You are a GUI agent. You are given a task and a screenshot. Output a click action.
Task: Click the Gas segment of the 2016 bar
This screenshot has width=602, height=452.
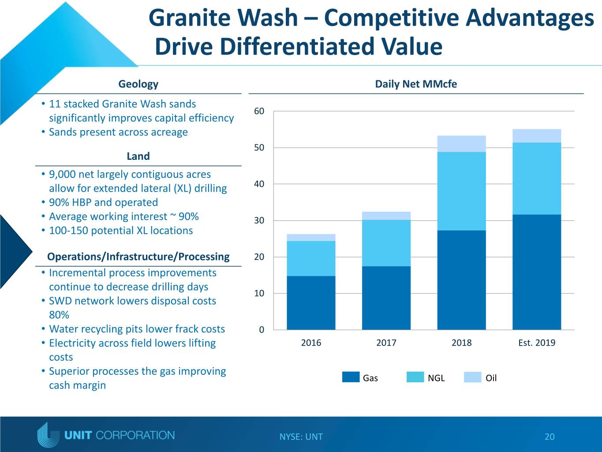(311, 303)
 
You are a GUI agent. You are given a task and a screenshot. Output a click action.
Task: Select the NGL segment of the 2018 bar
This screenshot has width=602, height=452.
(462, 191)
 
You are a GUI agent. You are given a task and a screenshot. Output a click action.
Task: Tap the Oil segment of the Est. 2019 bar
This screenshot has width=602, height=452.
(537, 136)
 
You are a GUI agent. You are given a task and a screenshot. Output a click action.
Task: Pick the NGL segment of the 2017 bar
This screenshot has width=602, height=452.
(386, 243)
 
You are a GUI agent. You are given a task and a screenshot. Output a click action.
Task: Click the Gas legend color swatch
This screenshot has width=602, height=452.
(351, 377)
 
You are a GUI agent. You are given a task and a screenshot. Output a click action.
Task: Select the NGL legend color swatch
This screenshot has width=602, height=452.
(415, 377)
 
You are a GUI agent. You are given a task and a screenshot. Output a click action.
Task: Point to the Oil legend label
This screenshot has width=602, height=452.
(491, 378)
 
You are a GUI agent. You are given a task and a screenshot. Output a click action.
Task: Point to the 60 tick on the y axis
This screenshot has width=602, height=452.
(259, 111)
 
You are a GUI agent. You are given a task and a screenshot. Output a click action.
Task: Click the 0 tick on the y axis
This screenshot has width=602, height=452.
(262, 330)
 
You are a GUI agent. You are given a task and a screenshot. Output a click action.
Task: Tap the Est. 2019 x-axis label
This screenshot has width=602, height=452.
(537, 343)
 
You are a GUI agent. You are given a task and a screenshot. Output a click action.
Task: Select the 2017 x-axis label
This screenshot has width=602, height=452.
(386, 343)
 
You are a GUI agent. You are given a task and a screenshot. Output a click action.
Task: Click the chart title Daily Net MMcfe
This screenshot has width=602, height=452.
(416, 84)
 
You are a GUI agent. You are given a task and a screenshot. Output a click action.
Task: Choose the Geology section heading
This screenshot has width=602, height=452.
(138, 84)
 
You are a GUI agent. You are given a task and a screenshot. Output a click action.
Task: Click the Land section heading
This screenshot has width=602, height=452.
(138, 156)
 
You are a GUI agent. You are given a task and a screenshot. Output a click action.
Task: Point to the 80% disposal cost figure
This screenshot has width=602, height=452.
(59, 315)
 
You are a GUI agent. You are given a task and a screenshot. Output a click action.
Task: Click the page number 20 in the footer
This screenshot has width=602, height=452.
(550, 437)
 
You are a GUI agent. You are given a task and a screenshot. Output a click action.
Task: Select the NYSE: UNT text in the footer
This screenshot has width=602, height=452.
(301, 437)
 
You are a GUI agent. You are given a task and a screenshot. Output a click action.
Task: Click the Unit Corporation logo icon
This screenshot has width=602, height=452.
(48, 434)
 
